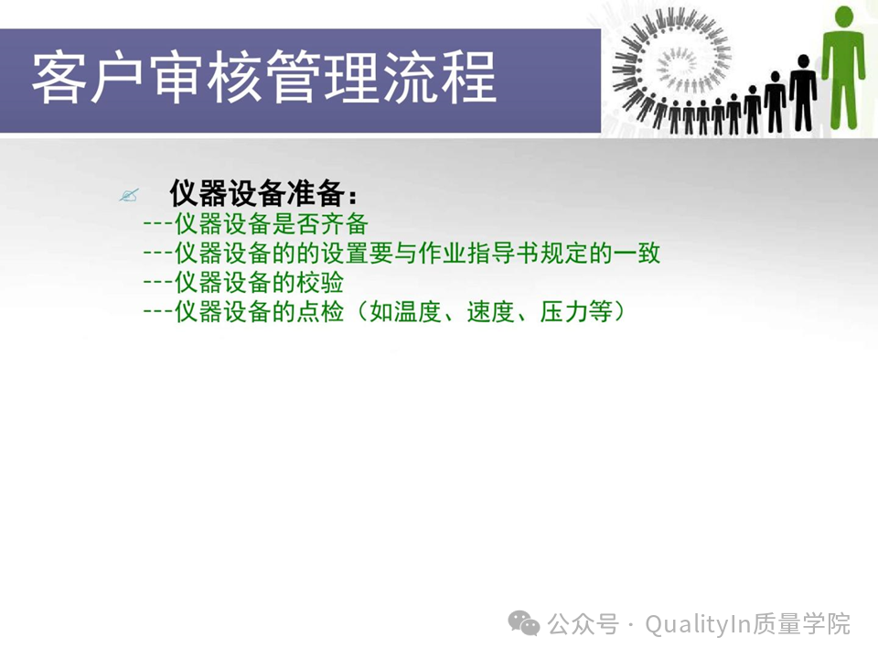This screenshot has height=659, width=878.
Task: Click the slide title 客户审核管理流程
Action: [263, 77]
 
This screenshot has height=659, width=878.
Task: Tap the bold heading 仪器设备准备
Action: [257, 193]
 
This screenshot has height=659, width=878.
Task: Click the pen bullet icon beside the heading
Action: [129, 195]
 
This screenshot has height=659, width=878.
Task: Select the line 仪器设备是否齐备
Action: [256, 224]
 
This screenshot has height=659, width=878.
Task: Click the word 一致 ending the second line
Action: [637, 254]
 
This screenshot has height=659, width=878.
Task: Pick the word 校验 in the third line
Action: [320, 283]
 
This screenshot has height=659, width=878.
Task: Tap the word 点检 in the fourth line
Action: [320, 311]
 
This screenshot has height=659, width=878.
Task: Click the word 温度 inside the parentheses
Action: [417, 311]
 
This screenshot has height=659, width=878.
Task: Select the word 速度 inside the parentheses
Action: [490, 311]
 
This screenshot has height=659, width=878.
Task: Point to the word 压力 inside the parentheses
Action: [564, 311]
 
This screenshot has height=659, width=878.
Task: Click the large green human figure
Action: [844, 66]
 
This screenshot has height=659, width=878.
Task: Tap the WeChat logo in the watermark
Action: [523, 623]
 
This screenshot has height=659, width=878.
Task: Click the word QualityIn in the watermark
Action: [697, 624]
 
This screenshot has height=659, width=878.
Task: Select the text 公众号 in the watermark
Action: [583, 623]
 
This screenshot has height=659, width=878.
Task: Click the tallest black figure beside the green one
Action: [804, 93]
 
